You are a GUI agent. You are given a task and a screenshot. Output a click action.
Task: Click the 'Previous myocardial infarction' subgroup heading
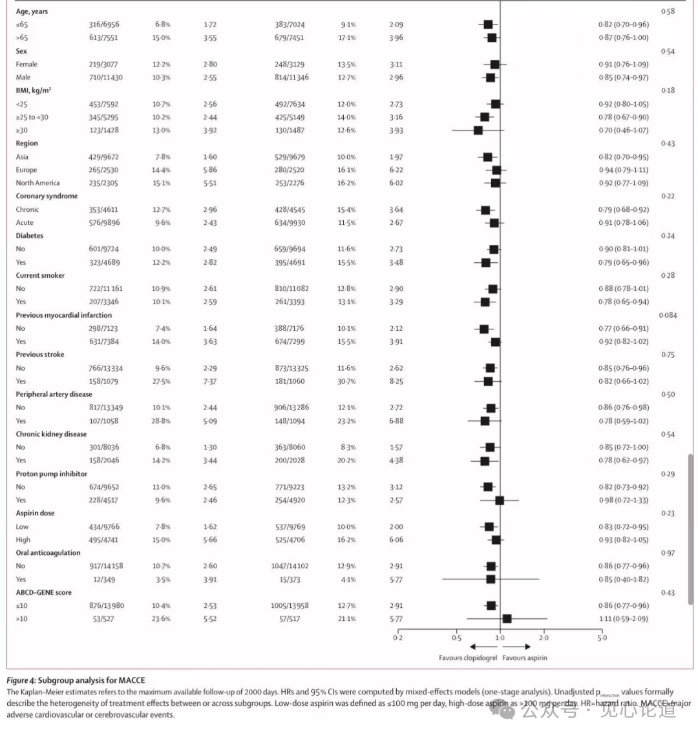tap(63, 315)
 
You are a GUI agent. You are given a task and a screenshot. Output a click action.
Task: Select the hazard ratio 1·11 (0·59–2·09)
tap(623, 619)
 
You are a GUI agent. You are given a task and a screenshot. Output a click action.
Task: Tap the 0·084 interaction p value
tap(668, 315)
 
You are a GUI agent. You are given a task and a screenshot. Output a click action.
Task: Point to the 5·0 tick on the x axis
tap(602, 638)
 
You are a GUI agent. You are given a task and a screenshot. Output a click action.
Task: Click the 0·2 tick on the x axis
tap(397, 638)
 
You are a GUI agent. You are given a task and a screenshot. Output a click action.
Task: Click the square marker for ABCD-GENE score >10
tap(507, 619)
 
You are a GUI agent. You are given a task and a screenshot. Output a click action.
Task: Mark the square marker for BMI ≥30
tap(478, 130)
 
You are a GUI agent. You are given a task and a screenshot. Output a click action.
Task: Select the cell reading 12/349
tap(106, 579)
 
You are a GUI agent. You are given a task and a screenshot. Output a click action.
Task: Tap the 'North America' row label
tap(37, 183)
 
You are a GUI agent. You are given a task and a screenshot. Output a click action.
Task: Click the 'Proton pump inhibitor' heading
tap(51, 473)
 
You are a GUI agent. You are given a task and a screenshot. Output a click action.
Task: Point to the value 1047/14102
tap(290, 566)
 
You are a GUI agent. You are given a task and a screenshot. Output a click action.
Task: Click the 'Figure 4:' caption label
tap(21, 680)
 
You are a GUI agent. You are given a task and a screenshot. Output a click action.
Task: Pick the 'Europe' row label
tap(27, 170)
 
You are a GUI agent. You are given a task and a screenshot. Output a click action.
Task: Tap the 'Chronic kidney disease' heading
tap(51, 434)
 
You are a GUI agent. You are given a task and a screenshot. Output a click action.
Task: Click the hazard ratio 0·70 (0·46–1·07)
tap(623, 130)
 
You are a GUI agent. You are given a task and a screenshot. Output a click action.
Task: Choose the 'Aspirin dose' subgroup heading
tap(35, 513)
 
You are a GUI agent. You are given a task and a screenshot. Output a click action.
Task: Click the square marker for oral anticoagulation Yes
tap(491, 579)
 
